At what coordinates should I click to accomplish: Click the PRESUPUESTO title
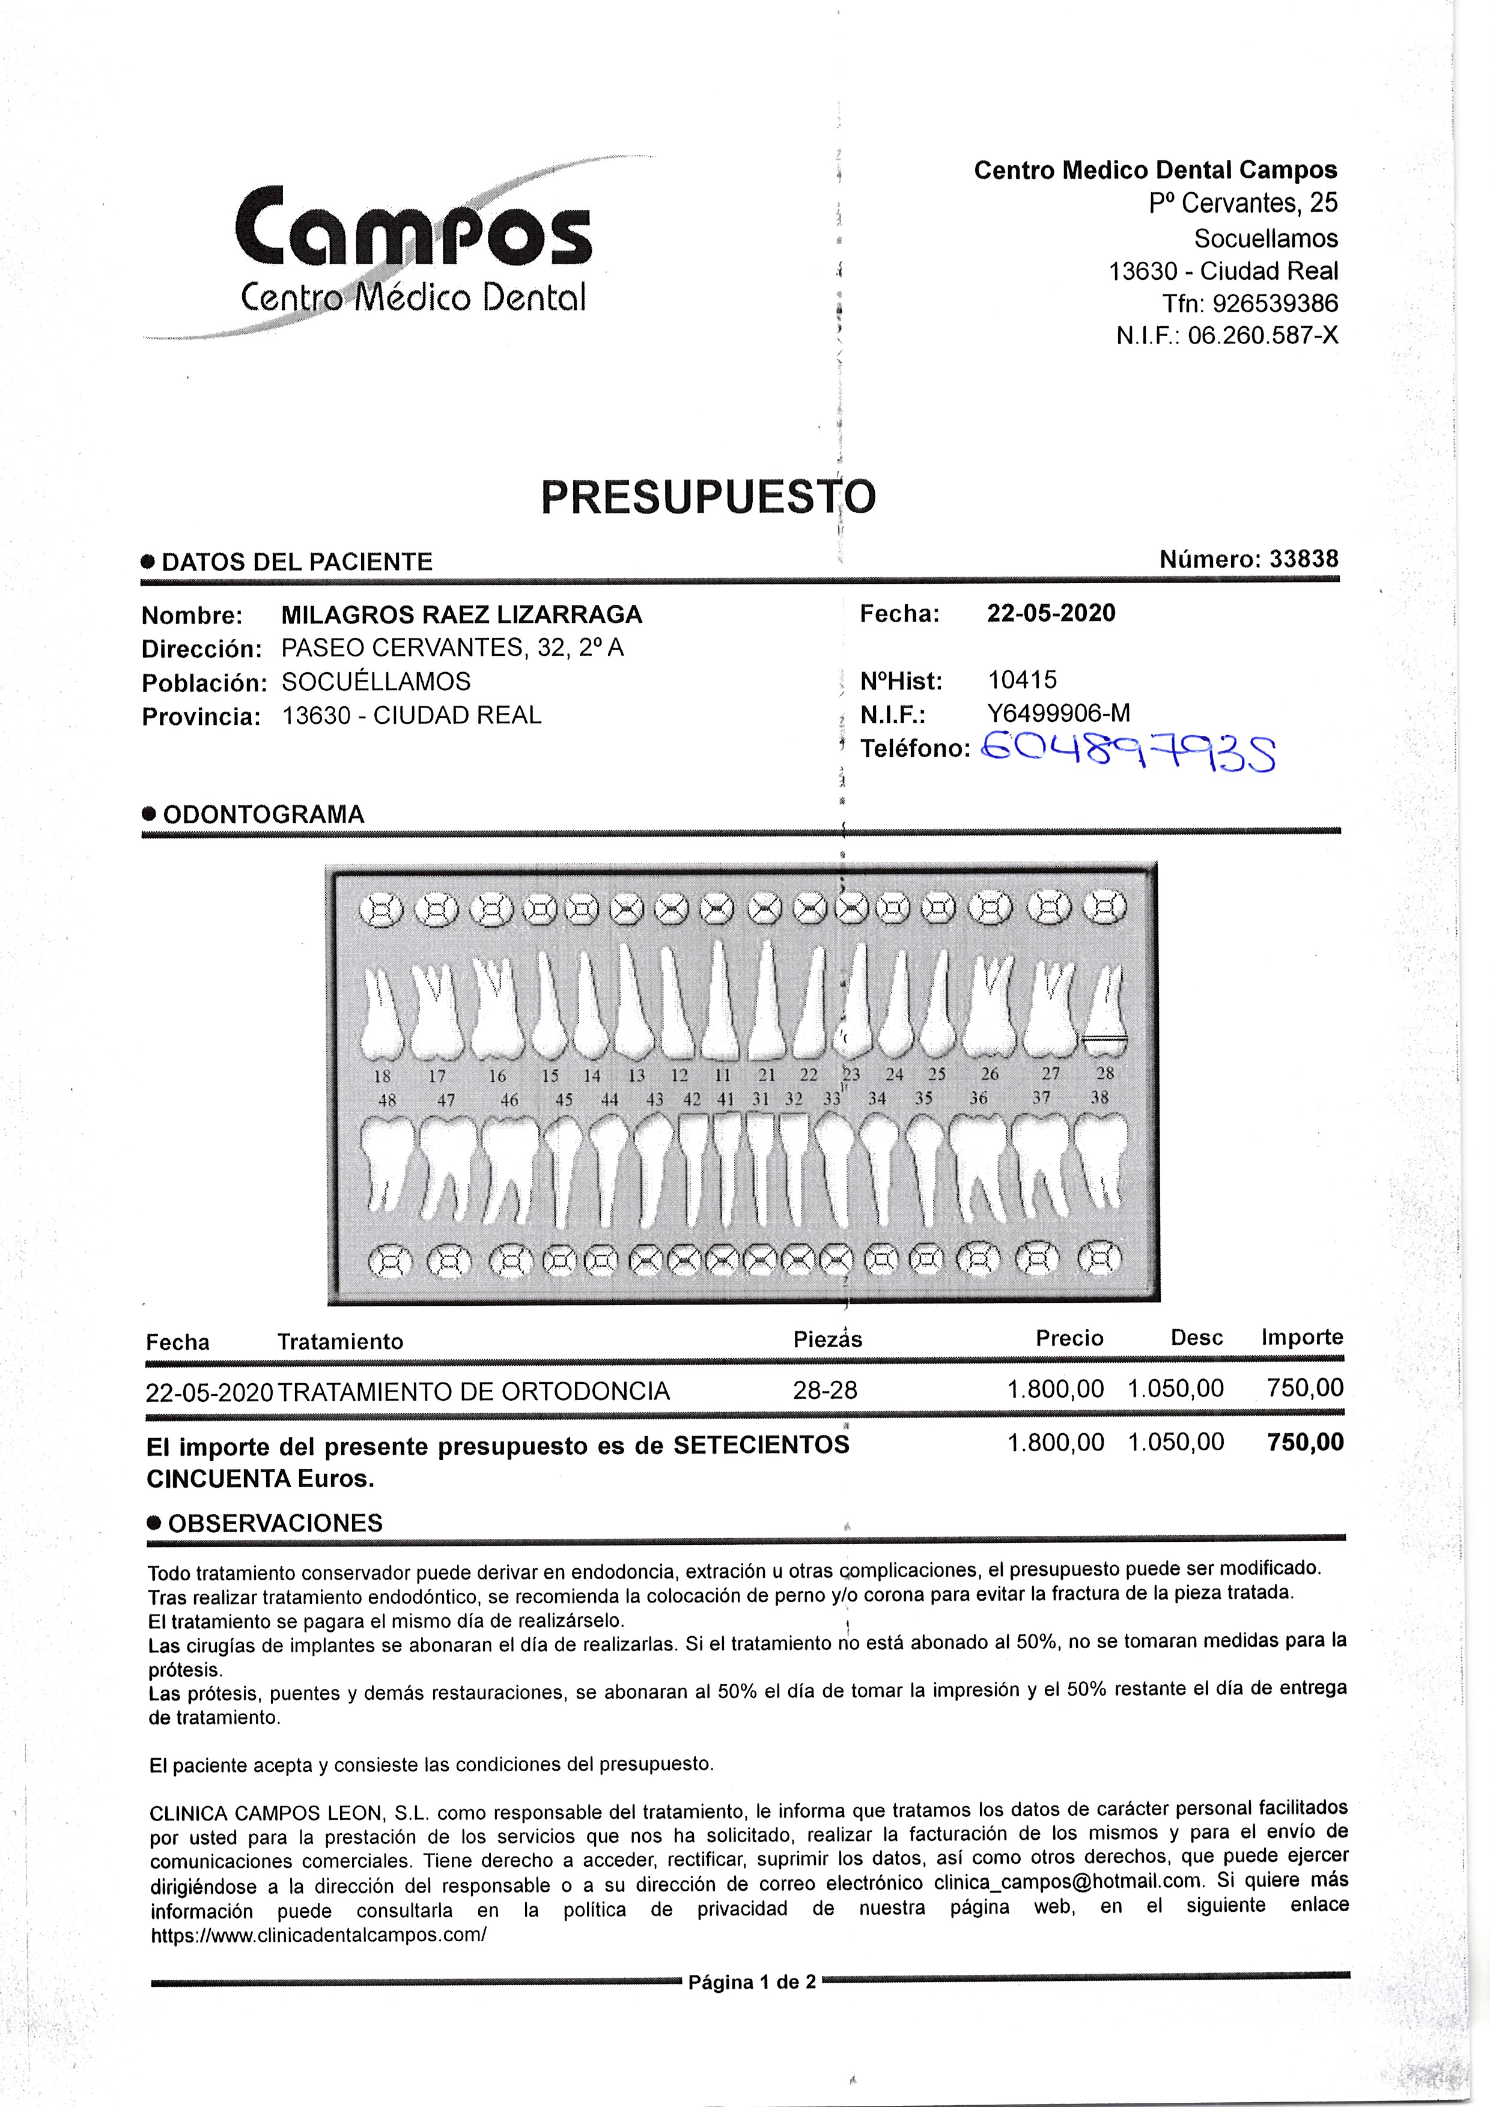pyautogui.click(x=708, y=497)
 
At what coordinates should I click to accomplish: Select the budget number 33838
pyautogui.click(x=1304, y=559)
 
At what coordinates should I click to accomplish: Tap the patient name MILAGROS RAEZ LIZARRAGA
pyautogui.click(x=462, y=615)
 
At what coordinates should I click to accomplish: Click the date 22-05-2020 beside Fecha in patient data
pyautogui.click(x=1051, y=613)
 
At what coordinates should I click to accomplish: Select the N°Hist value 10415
pyautogui.click(x=1022, y=680)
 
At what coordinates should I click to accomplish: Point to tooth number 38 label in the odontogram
pyautogui.click(x=1100, y=1097)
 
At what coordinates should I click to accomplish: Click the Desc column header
pyautogui.click(x=1196, y=1338)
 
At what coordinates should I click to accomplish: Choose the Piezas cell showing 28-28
pyautogui.click(x=824, y=1390)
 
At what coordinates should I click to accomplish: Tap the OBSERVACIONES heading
pyautogui.click(x=275, y=1523)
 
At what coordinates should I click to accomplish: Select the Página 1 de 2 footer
pyautogui.click(x=751, y=1982)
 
